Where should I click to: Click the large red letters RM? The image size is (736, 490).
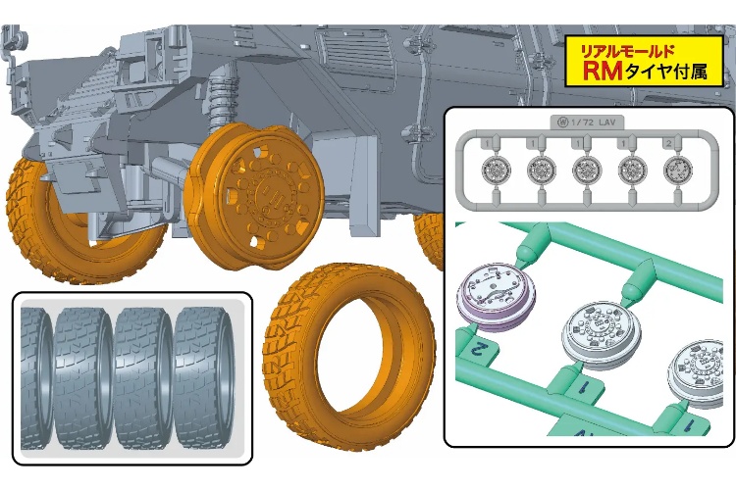pos(603,71)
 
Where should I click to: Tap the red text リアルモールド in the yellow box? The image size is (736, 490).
pos(628,50)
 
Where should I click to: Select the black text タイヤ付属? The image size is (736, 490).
pos(665,71)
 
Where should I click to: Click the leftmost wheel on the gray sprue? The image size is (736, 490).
pos(496,169)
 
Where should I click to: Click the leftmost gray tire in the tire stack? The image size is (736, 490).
pos(35,378)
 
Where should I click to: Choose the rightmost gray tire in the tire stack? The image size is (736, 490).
pos(204,378)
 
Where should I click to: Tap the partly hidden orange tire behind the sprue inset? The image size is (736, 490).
pos(430,239)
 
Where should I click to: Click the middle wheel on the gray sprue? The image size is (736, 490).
pos(587,169)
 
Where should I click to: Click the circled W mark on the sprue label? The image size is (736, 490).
pos(563,122)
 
